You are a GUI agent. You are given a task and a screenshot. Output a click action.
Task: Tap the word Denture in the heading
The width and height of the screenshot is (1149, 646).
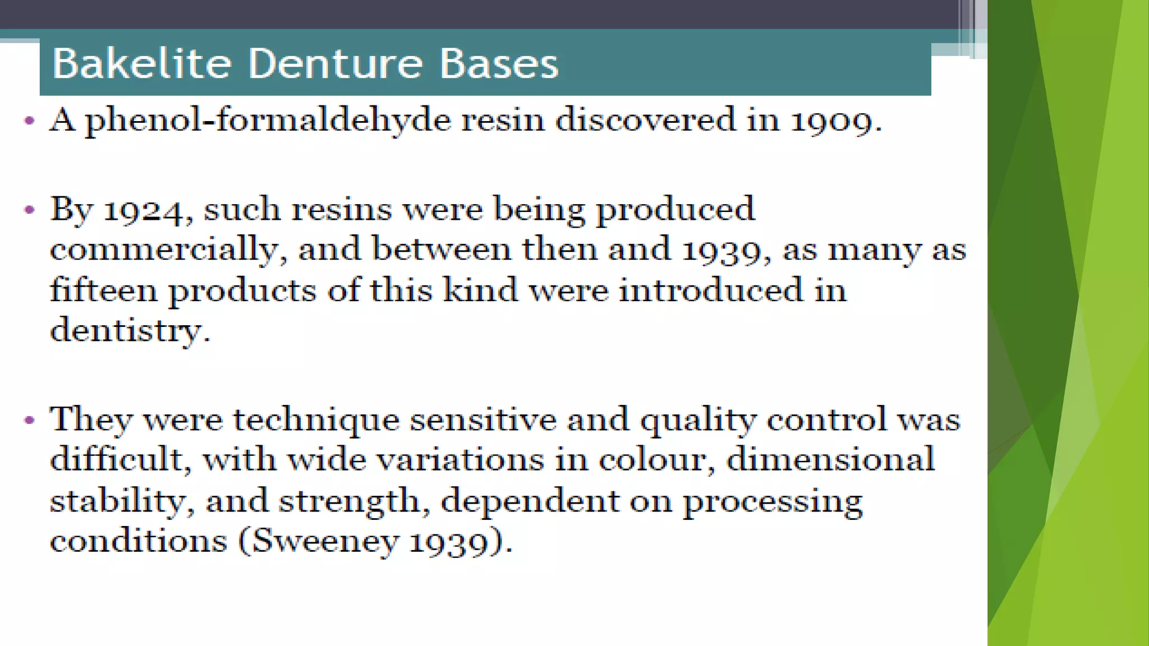(x=335, y=63)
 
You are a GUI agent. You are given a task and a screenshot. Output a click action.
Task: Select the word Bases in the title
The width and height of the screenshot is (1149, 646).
(x=499, y=63)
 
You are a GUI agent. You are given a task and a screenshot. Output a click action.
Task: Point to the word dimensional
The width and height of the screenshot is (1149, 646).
(x=830, y=459)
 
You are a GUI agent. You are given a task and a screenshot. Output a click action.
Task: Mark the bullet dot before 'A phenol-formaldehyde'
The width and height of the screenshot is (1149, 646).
(x=30, y=121)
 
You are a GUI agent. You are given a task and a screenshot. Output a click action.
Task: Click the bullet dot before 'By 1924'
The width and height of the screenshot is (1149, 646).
(x=30, y=210)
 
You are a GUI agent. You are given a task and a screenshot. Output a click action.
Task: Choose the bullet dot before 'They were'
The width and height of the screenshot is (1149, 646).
(x=30, y=420)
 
